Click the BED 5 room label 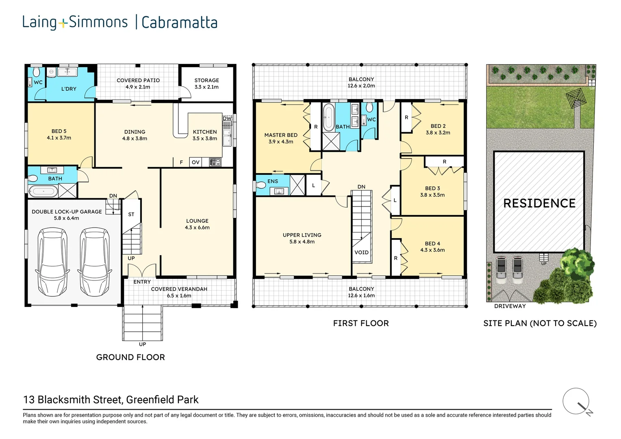(59, 131)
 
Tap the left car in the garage (52, 262)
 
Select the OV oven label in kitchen (196, 162)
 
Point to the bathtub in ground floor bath (43, 191)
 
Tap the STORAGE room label (206, 80)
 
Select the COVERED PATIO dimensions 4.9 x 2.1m (138, 87)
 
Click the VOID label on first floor (362, 252)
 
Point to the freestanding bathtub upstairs (329, 117)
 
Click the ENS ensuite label (273, 181)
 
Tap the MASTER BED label (281, 135)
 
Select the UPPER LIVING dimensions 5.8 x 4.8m (302, 241)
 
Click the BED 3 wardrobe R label (444, 162)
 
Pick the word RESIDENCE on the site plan (539, 203)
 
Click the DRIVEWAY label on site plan (510, 306)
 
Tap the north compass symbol (578, 402)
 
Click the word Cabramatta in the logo (179, 22)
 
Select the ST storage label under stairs (131, 214)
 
